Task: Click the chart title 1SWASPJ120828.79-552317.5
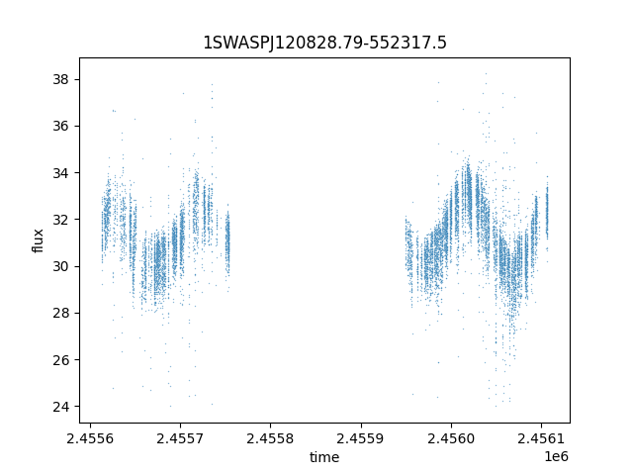coord(324,43)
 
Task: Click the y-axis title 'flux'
coord(39,240)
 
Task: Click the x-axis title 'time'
coord(324,457)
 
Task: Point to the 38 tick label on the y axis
coord(61,79)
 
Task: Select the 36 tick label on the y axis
coord(61,126)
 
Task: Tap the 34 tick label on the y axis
coord(61,172)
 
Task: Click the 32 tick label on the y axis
coord(61,220)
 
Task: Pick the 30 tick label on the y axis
coord(61,266)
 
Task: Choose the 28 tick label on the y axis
coord(61,313)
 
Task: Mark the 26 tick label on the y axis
coord(61,360)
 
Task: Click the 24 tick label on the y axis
coord(61,407)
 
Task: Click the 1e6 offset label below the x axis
coord(557,456)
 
